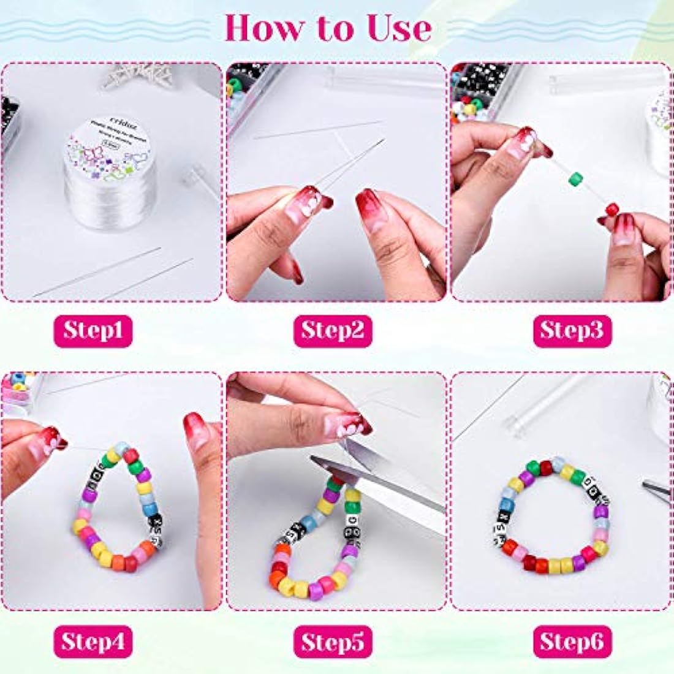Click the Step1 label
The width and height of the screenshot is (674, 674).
click(x=93, y=331)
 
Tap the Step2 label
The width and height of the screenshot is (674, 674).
click(x=332, y=331)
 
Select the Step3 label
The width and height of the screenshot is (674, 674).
click(x=572, y=331)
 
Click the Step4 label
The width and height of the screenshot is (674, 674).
click(x=93, y=642)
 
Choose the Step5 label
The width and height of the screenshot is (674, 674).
click(x=332, y=642)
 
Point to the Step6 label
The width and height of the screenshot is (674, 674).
click(x=572, y=642)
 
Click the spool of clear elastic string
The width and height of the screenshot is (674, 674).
click(x=110, y=184)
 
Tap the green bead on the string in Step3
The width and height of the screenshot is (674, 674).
click(x=574, y=179)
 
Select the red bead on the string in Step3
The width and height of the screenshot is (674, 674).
click(x=612, y=210)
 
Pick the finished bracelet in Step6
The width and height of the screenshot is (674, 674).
click(x=551, y=515)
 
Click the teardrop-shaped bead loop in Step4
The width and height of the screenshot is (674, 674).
click(x=116, y=509)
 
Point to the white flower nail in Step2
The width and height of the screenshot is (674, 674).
click(x=311, y=203)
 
